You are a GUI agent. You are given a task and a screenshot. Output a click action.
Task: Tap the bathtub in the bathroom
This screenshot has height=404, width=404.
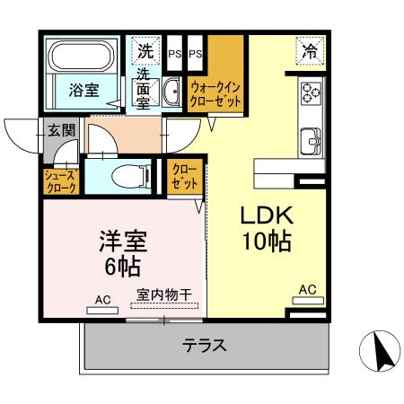(83, 57)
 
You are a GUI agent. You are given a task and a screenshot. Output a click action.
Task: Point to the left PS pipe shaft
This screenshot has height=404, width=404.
(175, 53)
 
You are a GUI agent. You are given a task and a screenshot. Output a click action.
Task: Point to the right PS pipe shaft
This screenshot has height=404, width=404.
(195, 53)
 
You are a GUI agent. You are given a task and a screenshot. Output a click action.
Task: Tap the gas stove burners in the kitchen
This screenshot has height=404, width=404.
(311, 92)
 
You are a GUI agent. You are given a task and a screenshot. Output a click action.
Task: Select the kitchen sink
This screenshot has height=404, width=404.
(311, 140)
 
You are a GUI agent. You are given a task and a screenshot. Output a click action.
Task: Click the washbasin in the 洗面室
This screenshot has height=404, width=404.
(171, 87)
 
